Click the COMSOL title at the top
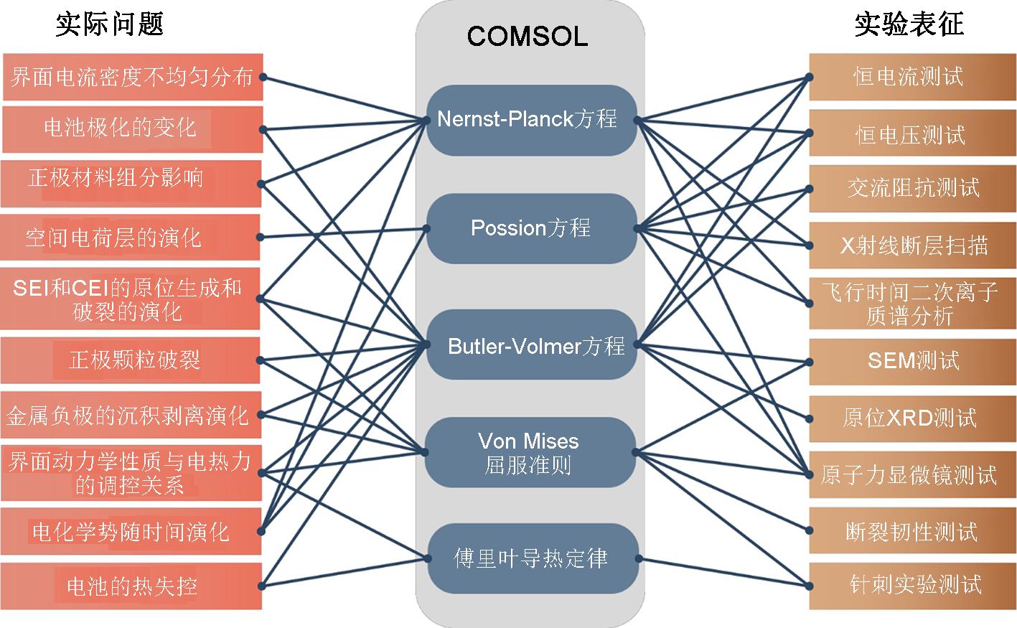(528, 35)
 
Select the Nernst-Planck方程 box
(530, 119)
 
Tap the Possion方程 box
(530, 228)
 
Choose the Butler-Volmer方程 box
(532, 346)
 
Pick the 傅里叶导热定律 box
(530, 558)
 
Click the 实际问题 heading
(110, 24)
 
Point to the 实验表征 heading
(909, 24)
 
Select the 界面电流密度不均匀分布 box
(132, 77)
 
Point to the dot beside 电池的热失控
(262, 586)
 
